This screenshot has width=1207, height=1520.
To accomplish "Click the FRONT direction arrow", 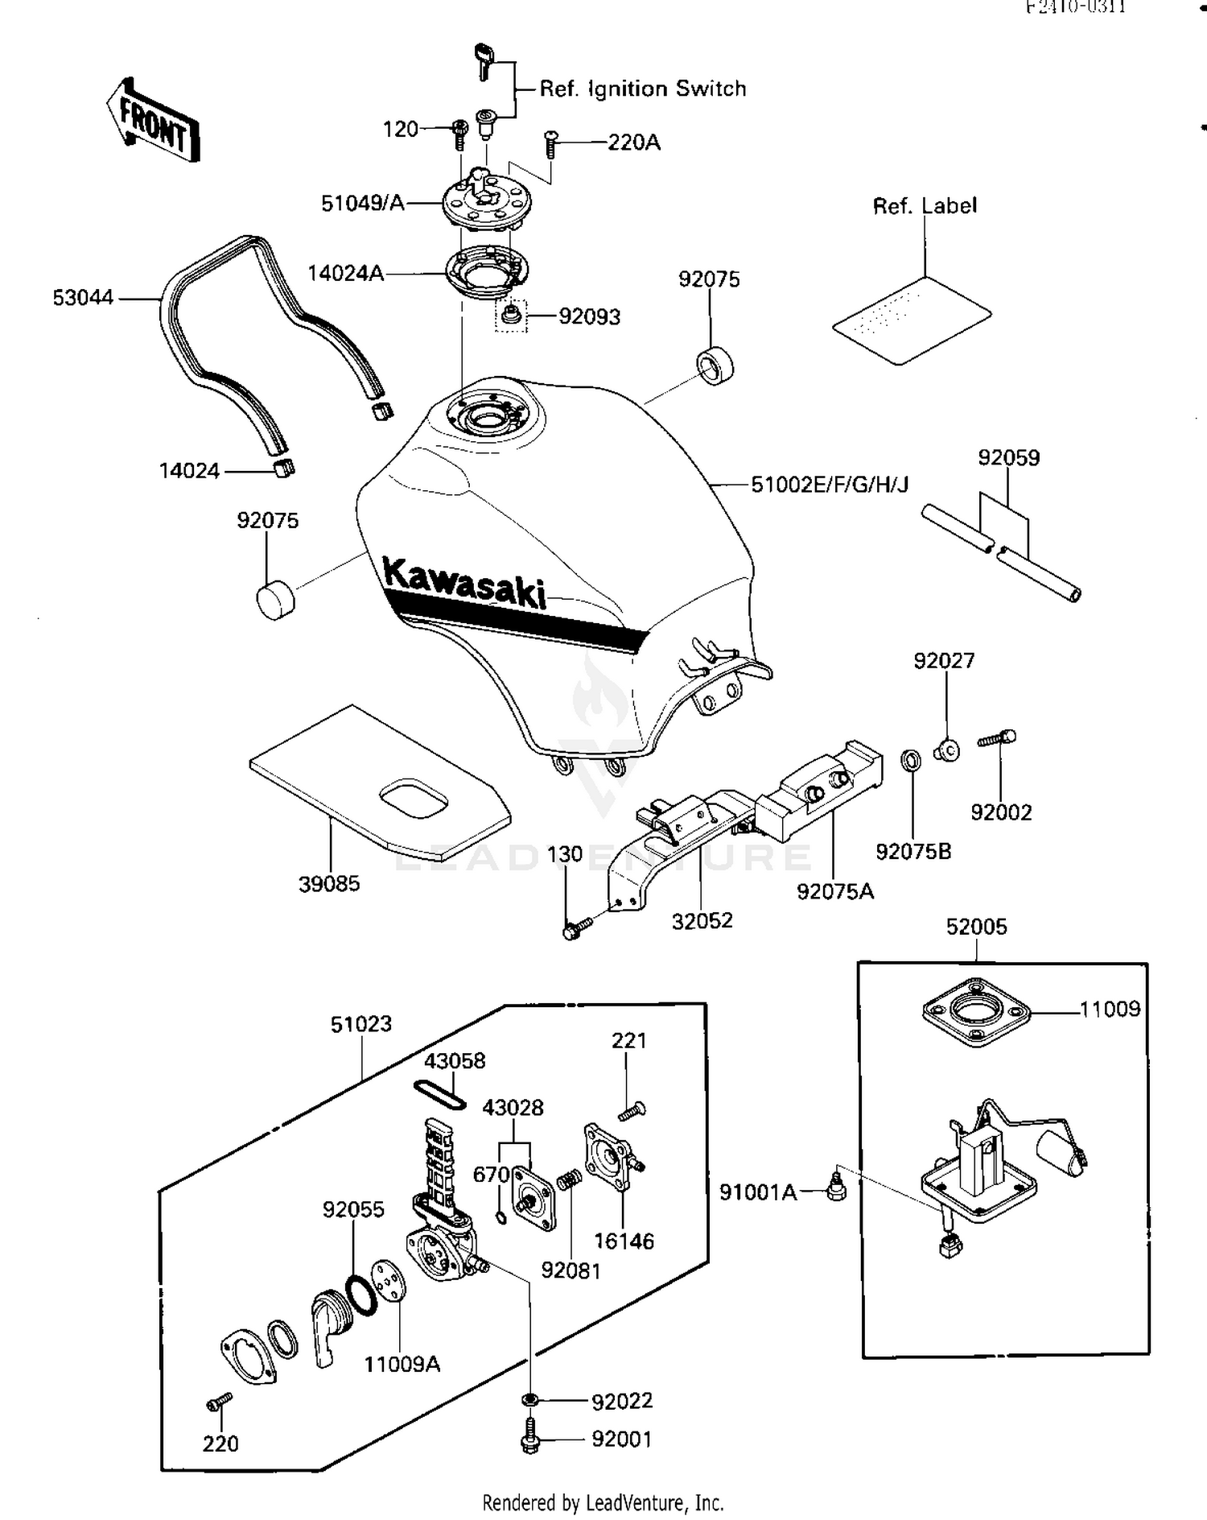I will (153, 121).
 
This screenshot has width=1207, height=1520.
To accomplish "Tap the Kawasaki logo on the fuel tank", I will (463, 581).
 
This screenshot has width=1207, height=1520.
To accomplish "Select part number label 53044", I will (83, 298).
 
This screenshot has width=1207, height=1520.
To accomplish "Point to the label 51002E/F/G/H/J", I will (830, 485).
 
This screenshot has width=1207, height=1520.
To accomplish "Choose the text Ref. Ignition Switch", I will (642, 89).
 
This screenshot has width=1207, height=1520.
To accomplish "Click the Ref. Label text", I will (925, 206).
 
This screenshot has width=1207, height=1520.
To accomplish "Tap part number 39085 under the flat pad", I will (329, 884).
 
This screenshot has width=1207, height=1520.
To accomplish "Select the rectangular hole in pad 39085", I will (414, 799).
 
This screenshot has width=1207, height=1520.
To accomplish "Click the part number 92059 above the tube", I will (1008, 458).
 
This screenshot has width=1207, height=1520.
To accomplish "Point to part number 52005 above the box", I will (976, 927).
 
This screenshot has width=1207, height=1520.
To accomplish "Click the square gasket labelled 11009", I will (976, 1012).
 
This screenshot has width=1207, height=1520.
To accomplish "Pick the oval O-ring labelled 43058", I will (440, 1094).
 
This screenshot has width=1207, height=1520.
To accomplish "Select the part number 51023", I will (361, 1024).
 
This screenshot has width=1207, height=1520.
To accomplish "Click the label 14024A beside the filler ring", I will (345, 274).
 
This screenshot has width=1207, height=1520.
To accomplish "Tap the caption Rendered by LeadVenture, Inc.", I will (603, 1502).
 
